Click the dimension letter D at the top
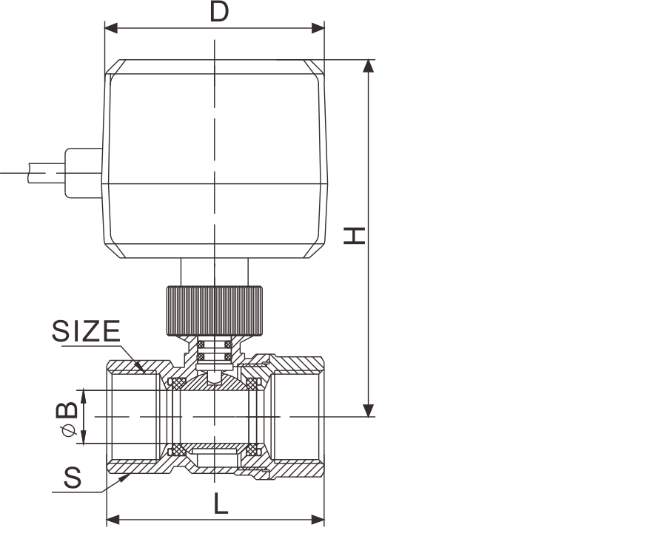220,12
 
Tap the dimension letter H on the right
355,236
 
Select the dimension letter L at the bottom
221,504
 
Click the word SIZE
86,331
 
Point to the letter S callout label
73,478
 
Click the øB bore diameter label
67,418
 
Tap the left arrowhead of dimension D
112,28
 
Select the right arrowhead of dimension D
318,28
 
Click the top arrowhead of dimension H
369,67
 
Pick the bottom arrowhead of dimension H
369,410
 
